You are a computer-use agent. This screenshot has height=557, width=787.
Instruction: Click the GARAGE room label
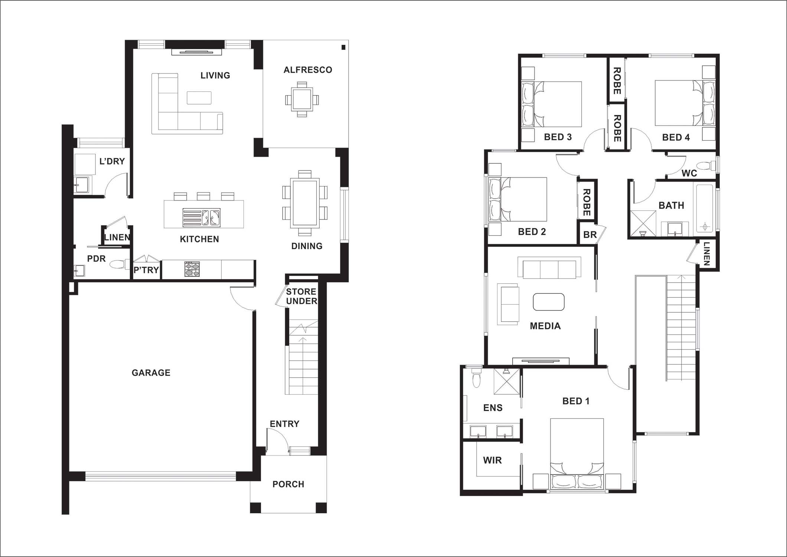(151, 372)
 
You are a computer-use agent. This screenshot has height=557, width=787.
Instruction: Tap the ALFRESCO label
(308, 70)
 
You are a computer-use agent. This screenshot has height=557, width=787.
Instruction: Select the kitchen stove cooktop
(192, 269)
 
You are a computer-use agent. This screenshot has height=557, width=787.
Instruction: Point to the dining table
(305, 203)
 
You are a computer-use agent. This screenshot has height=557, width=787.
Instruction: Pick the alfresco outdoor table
(302, 99)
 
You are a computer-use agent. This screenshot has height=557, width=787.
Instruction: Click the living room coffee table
(199, 98)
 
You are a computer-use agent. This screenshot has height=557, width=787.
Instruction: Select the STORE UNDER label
(301, 296)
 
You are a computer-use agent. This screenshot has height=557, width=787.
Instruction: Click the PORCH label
(288, 484)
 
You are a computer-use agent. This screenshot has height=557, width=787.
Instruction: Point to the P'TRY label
(146, 270)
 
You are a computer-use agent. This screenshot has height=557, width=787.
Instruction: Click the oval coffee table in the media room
(549, 302)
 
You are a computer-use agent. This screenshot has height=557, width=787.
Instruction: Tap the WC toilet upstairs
(705, 165)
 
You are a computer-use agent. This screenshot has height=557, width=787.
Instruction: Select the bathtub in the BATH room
(705, 208)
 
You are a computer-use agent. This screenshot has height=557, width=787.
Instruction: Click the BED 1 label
(576, 401)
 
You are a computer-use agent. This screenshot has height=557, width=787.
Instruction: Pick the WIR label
(492, 460)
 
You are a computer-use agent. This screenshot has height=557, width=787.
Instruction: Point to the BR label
(590, 235)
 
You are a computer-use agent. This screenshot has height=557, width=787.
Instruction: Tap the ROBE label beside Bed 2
(587, 202)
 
